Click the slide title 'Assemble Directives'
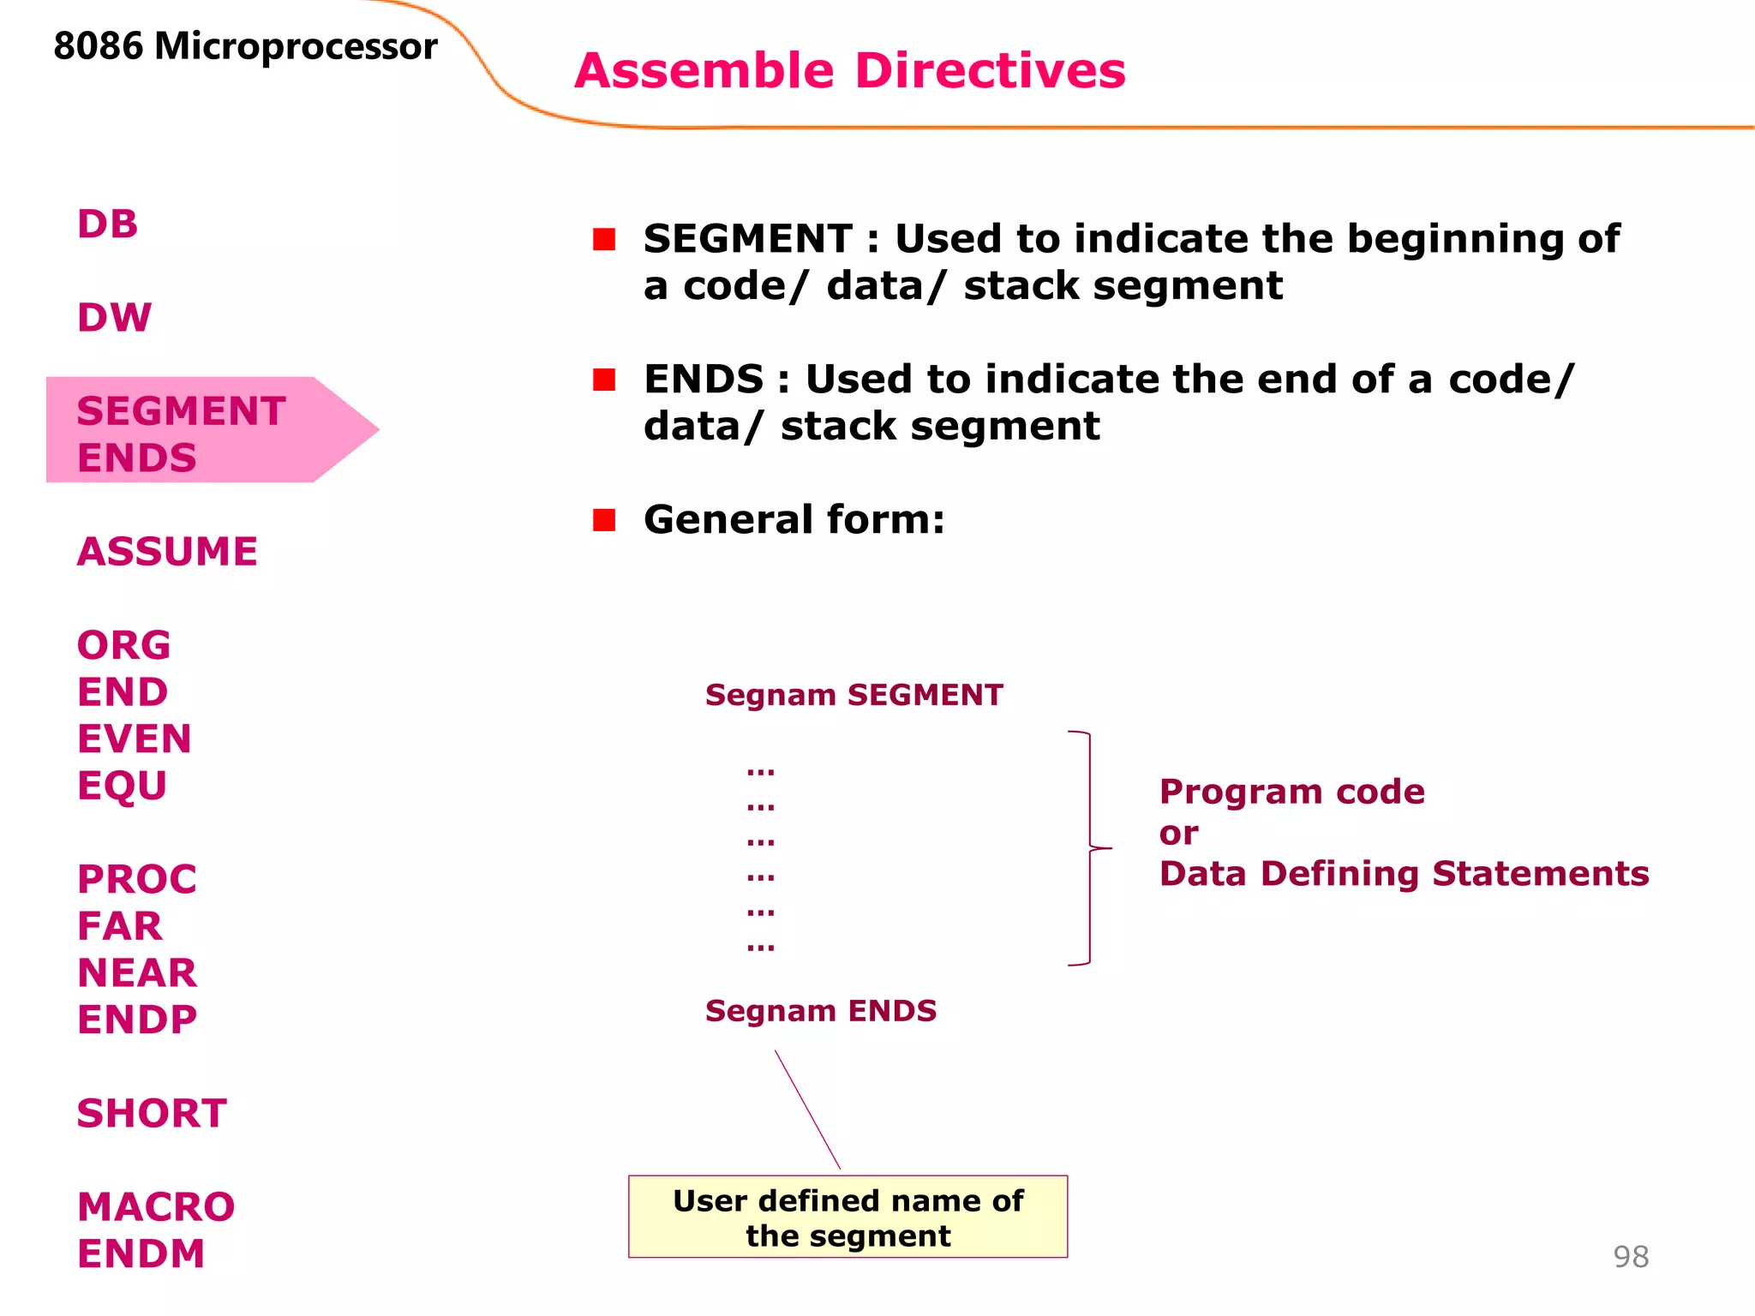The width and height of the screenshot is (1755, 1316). pos(849,70)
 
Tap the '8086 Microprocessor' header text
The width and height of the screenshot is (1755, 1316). pos(245,46)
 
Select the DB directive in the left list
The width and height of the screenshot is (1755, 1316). pos(107,224)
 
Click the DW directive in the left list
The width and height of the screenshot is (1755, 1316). pos(114,318)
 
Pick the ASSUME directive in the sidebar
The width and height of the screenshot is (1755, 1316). pos(167,552)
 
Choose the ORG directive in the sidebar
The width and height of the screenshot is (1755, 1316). pos(123,646)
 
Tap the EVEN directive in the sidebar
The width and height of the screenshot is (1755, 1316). pos(134,739)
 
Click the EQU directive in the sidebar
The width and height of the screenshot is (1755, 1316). pos(122,786)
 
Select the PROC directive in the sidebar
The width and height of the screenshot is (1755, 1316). pos(137,880)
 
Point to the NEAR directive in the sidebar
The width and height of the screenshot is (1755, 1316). pos(137,973)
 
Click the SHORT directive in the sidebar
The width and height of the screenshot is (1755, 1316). pos(152,1114)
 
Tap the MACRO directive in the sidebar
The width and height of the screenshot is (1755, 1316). pos(156,1207)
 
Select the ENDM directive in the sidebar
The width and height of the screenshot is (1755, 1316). pos(141,1254)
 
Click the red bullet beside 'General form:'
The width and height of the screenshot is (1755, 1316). pos(604,520)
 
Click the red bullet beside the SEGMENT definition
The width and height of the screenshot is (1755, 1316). pos(604,239)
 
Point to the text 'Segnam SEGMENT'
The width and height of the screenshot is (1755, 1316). pos(854,695)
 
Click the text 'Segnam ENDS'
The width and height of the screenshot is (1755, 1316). pos(820,1011)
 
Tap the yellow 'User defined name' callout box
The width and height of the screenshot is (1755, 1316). pos(848,1217)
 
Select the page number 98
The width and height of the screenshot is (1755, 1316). pos(1630,1257)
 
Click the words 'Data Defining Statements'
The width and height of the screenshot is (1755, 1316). pos(1404,874)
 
